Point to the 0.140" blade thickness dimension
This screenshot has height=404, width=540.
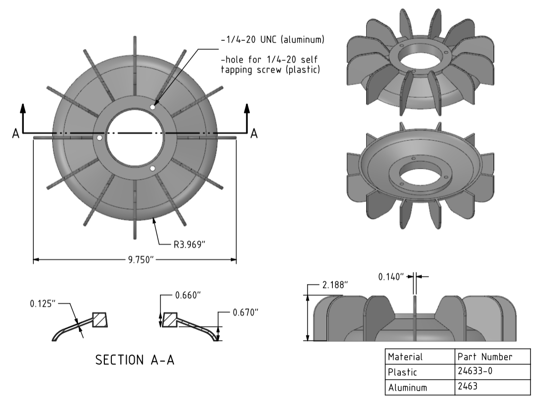391,277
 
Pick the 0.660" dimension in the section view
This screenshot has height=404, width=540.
189,295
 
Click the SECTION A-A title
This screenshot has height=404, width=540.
135,360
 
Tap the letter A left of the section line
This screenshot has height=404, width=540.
16,133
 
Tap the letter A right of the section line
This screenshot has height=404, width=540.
254,133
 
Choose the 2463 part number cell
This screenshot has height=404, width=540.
467,387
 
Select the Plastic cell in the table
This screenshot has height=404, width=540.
402,372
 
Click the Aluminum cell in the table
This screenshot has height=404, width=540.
407,387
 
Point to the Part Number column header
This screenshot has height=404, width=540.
484,356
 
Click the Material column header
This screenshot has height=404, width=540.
405,356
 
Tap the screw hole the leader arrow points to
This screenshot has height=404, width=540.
153,106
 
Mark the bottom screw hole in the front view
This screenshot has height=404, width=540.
153,168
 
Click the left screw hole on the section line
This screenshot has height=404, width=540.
99,137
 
